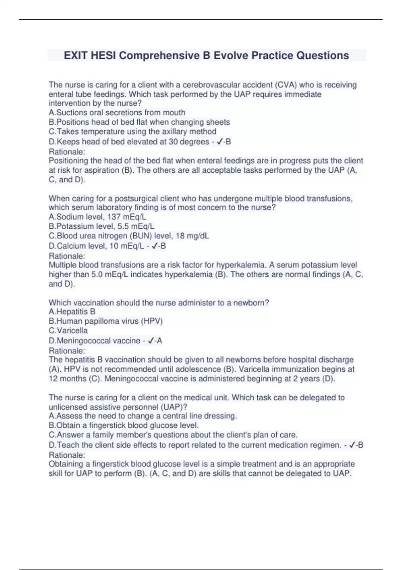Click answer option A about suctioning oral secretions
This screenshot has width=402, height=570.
click(x=117, y=113)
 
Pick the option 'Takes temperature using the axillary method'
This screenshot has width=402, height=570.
click(x=132, y=131)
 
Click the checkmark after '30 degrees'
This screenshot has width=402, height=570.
click(x=219, y=142)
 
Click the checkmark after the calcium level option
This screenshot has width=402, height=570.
click(x=154, y=246)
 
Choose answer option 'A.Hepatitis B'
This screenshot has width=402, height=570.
click(x=72, y=312)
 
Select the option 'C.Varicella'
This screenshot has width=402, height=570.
click(x=68, y=331)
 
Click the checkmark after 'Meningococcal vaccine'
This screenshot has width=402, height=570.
click(x=151, y=341)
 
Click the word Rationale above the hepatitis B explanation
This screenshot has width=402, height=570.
click(x=67, y=351)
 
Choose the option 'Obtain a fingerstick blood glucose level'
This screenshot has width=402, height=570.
click(x=124, y=425)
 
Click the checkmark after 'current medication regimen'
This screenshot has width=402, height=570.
click(x=352, y=445)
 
